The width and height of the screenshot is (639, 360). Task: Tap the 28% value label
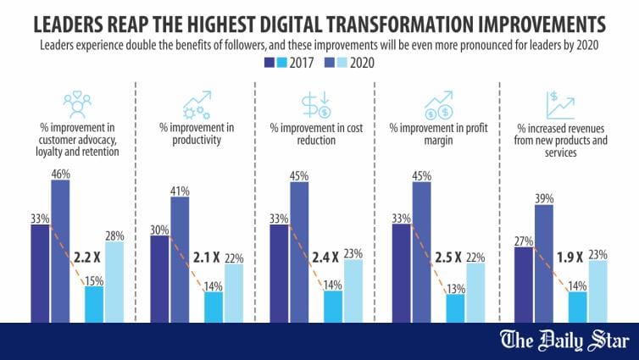[114, 234]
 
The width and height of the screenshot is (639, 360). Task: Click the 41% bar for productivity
[180, 258]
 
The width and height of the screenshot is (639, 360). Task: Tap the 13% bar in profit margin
[455, 307]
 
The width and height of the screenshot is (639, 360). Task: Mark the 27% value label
[524, 240]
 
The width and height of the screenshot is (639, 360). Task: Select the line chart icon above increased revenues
[558, 105]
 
